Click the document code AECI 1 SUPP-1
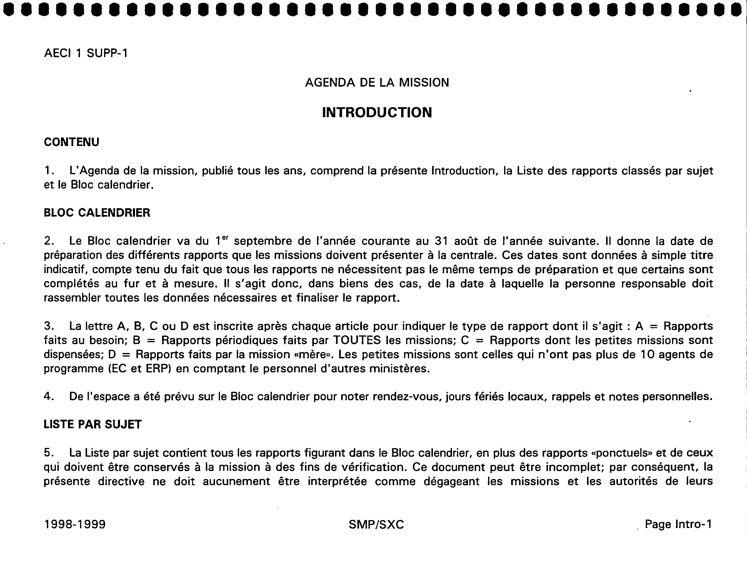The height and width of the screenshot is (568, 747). click(x=86, y=53)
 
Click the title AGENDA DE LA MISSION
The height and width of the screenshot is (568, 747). click(x=377, y=83)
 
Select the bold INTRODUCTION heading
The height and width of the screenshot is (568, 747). click(x=377, y=112)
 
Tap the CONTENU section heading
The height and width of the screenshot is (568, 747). click(x=71, y=142)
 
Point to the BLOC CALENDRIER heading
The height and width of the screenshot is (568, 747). click(x=97, y=213)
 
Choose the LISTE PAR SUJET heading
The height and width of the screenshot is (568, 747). click(x=92, y=424)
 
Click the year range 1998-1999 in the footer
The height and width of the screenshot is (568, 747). click(x=75, y=524)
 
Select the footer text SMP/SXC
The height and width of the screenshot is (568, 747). click(x=376, y=524)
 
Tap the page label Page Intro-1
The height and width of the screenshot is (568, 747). click(x=678, y=524)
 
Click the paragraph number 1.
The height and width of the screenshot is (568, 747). click(x=49, y=171)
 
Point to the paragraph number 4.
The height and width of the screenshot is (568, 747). click(x=49, y=396)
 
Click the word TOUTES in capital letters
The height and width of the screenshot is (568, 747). click(x=357, y=340)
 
